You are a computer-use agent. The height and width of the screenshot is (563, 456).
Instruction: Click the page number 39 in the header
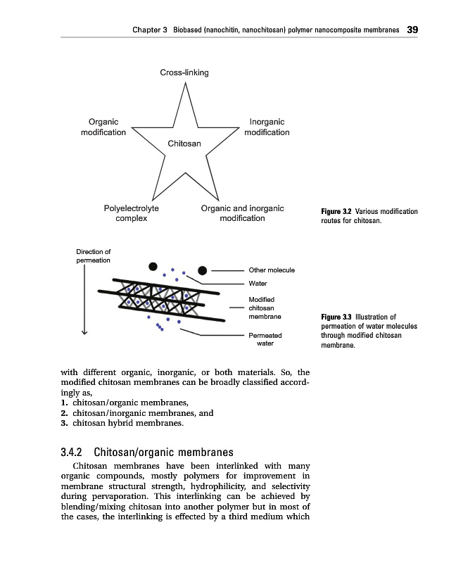[x=412, y=30]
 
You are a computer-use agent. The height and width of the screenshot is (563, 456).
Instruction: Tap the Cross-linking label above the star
[x=184, y=72]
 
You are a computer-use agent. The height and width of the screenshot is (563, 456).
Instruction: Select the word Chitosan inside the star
[x=184, y=144]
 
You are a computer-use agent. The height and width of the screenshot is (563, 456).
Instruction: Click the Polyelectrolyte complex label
[x=132, y=213]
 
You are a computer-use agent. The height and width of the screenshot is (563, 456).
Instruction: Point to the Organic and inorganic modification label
[x=242, y=213]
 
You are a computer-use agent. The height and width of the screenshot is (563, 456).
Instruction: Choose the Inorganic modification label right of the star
[x=267, y=127]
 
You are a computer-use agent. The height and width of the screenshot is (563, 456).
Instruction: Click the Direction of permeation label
[x=94, y=256]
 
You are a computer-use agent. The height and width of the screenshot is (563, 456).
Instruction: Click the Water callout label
[x=258, y=284]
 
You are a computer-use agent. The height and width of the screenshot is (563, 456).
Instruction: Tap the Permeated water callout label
[x=265, y=340]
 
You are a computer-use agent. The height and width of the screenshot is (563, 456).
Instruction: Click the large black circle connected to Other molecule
[x=203, y=270]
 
